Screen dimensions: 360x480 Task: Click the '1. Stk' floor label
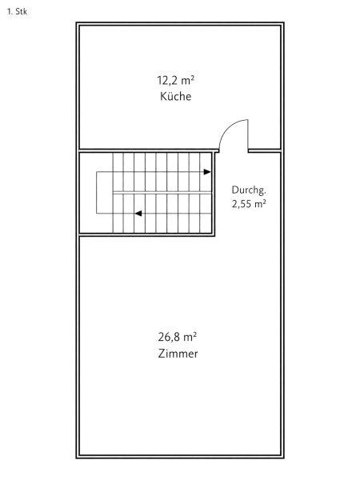pos(17,12)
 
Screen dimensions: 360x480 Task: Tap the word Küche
pos(176,97)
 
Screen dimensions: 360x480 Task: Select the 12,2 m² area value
pos(176,81)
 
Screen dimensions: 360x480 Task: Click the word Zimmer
pos(178,354)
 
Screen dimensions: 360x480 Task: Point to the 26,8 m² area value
pos(178,337)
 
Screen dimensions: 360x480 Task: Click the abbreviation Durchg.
pos(249,190)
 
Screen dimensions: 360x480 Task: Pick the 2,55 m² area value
pos(249,203)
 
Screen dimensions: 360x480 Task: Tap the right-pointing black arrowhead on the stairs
pos(207,172)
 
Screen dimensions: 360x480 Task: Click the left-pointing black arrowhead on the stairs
pos(138,214)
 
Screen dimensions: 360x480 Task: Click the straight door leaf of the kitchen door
pos(248,135)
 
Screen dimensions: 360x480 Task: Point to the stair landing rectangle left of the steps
pos(105,193)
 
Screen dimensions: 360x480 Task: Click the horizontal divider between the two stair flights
pos(162,193)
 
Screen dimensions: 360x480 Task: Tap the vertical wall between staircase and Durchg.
pos(214,194)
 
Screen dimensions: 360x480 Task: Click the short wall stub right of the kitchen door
pos(265,150)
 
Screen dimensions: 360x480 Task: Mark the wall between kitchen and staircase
pos(149,150)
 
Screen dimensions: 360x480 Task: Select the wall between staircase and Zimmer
pos(147,234)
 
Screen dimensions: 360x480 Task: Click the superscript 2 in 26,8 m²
pos(195,334)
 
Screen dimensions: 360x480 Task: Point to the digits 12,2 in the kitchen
pos(167,81)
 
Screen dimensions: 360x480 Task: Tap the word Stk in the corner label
pos(21,12)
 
